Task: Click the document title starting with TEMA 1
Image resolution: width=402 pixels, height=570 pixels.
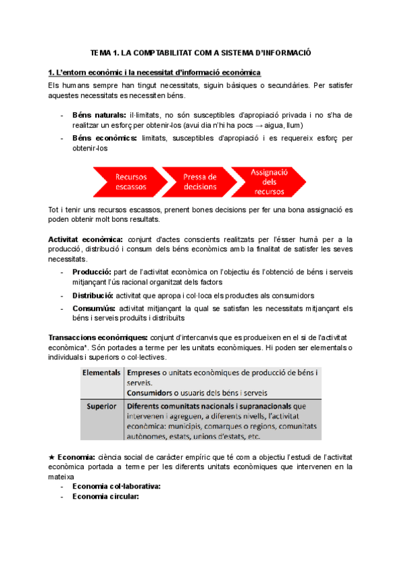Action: coord(201,52)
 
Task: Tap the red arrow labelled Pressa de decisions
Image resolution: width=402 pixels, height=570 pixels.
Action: coord(199,181)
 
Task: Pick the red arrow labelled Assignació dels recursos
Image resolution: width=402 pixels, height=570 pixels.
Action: coord(268,181)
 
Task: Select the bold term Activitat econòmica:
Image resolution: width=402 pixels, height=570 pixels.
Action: coord(85,239)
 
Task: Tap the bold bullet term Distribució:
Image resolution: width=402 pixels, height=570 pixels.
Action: coord(93,295)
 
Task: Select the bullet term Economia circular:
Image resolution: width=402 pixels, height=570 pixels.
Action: coord(105,497)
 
